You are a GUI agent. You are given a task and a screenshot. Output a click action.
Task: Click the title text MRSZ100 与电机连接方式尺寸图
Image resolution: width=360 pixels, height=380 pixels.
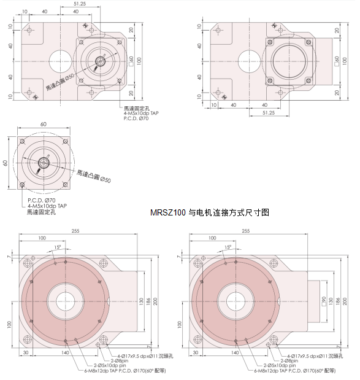(x=209, y=212)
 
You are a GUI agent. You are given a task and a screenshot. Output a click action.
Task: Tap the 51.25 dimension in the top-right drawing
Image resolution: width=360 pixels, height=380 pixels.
(x=268, y=113)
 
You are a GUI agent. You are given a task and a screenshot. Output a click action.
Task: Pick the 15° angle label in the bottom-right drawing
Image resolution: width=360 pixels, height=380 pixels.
(x=228, y=247)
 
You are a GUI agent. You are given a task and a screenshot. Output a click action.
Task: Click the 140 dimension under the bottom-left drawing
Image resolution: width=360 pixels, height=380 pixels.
(x=66, y=354)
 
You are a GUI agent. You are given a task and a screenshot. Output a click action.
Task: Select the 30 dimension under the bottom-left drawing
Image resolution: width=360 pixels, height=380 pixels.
(x=26, y=354)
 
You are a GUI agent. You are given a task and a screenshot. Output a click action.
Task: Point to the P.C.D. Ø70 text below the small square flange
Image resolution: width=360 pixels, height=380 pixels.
(x=42, y=201)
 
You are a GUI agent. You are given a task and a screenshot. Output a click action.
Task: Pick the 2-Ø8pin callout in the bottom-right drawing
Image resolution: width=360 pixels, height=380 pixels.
(x=288, y=360)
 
